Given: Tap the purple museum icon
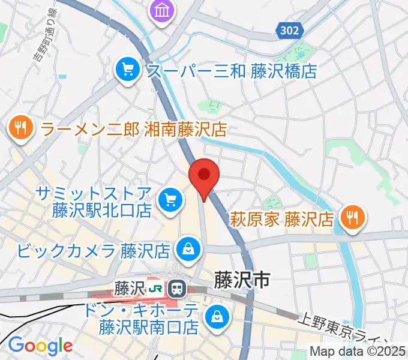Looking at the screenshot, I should pos(163,10).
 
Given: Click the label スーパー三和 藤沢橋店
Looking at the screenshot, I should pos(232,71).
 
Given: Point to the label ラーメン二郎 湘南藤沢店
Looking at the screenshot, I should pos(133,128).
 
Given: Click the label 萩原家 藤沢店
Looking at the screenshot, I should pos(281,217).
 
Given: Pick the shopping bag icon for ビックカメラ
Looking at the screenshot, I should pos(188,248).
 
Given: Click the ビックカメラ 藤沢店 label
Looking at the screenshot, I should pos(95,248).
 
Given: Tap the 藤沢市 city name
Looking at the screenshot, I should pos(242,278).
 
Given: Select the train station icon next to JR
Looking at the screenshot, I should pos(176,289).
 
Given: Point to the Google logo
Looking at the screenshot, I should pos(40,345).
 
